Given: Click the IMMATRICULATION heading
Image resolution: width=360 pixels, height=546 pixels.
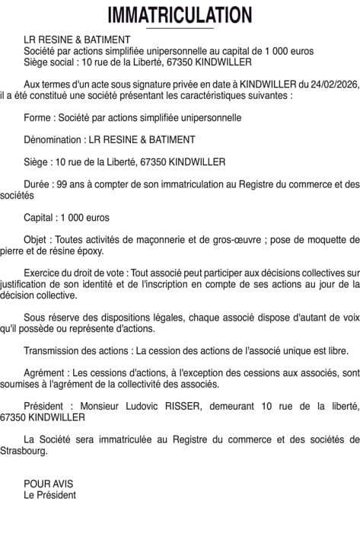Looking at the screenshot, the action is (x=180, y=14).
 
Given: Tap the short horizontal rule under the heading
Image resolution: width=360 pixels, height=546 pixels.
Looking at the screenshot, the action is (x=180, y=28).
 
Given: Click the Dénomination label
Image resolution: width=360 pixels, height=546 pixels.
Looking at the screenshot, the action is (x=53, y=139).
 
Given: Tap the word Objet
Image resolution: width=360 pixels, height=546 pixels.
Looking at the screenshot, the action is (x=36, y=239).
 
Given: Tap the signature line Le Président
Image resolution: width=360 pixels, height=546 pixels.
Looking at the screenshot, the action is (x=49, y=494).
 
